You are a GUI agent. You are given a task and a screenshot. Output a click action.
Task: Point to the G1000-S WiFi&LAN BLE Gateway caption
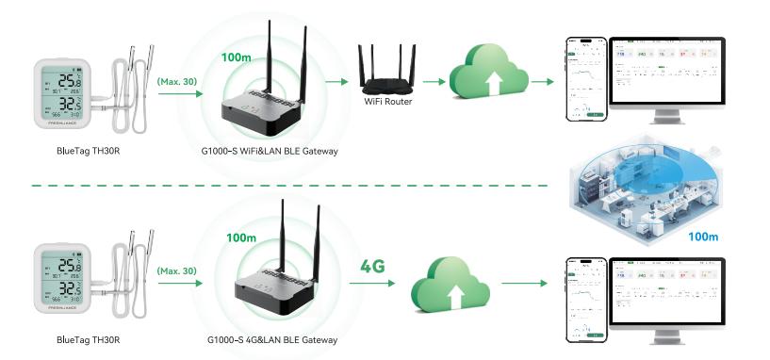[x=271, y=151]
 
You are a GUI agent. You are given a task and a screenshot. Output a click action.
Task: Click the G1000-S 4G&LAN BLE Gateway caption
[x=271, y=339]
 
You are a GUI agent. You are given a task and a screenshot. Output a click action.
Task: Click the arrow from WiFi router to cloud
[x=433, y=81]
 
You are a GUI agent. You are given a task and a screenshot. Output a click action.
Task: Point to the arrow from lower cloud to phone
[x=524, y=282]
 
